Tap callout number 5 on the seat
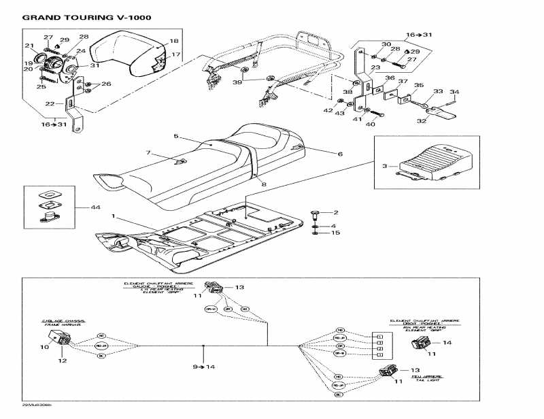175,137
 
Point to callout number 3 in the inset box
384,165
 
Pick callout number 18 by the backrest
173,41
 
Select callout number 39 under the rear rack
237,82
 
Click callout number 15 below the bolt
334,233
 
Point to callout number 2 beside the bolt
334,213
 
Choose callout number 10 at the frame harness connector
45,348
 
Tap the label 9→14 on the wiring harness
204,367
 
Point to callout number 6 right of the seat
341,154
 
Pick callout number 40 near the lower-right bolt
371,124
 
